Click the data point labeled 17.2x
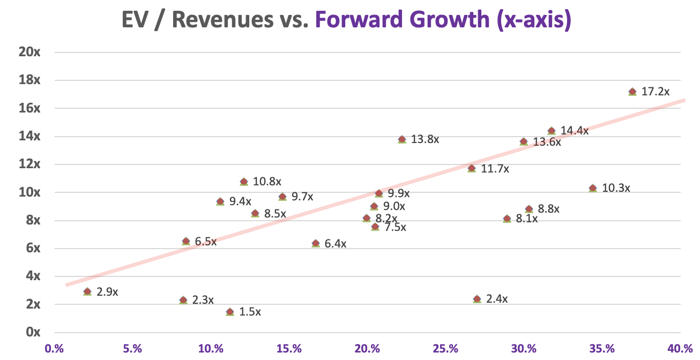(632, 92)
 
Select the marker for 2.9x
(87, 291)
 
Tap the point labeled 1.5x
(230, 311)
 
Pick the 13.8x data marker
(402, 139)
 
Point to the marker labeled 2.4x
(477, 299)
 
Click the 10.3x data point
(593, 188)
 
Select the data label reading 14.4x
(575, 131)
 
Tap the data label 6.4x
(336, 244)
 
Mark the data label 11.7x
(495, 169)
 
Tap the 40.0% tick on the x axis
(680, 349)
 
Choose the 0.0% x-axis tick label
(55, 349)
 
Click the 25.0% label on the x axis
(445, 349)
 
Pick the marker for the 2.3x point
(183, 300)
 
